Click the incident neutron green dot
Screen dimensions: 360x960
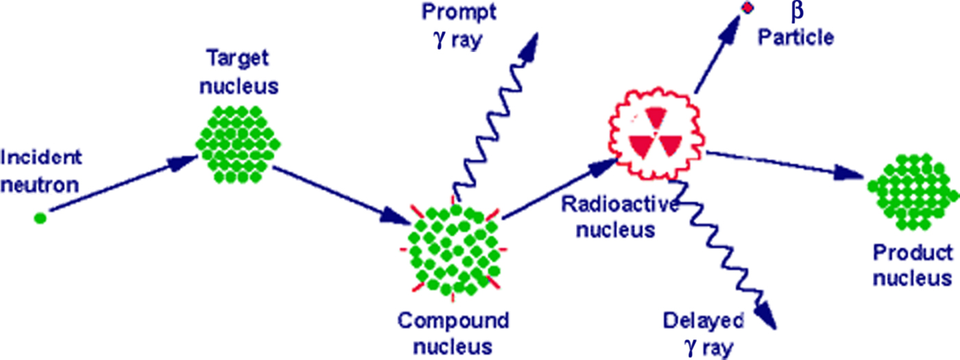[x=40, y=217]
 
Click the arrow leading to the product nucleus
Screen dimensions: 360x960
[x=782, y=165]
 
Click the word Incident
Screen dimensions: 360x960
[x=42, y=157]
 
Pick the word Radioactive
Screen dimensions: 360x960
[x=619, y=204]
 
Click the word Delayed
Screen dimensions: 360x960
[x=703, y=320]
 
